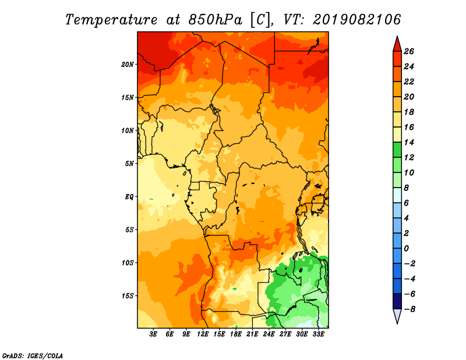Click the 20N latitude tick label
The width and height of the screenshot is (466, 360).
click(128, 65)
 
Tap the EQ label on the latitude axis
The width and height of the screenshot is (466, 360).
click(129, 197)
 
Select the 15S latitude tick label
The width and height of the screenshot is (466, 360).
click(128, 296)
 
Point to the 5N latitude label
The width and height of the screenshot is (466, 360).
click(129, 164)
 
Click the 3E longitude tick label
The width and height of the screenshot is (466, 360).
click(153, 334)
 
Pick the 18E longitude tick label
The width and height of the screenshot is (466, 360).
click(236, 334)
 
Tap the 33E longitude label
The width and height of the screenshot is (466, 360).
click(318, 334)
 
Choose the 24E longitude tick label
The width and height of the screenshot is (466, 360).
click(269, 334)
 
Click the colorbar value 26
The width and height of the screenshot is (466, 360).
click(409, 51)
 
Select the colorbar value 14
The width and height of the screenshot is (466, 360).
click(409, 142)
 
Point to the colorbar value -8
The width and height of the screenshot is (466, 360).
click(409, 309)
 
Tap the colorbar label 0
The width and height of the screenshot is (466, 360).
click(406, 249)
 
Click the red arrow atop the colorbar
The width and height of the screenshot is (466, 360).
click(397, 44)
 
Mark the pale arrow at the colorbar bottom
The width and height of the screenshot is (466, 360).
click(397, 316)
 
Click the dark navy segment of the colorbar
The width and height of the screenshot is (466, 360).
click(397, 301)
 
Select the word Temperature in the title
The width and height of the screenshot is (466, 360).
click(111, 20)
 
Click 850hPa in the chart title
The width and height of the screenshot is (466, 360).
click(216, 20)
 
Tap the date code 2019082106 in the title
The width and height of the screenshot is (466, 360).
click(357, 19)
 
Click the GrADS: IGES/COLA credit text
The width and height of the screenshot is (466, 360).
click(33, 356)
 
